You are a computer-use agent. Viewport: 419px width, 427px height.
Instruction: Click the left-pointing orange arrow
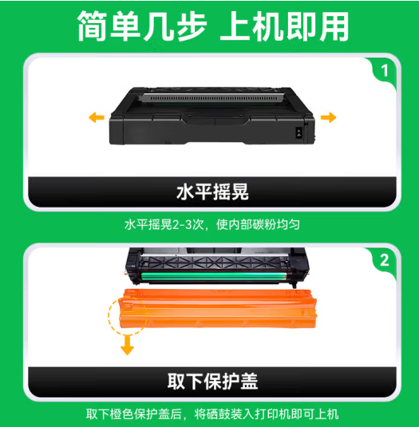point(97,117)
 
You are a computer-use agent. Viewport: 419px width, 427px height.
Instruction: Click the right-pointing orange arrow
point(328,117)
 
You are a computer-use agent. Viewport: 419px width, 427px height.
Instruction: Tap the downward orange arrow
point(127,345)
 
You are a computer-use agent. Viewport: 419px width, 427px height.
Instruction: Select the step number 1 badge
point(385,71)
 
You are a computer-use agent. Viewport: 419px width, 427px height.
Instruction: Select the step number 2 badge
point(385,260)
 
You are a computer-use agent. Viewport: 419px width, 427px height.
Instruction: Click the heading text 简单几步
point(142,26)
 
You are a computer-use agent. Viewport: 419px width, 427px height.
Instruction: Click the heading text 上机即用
point(284,26)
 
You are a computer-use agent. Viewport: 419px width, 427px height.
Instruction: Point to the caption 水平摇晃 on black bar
point(212,192)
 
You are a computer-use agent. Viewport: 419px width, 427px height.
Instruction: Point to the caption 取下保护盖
point(212,382)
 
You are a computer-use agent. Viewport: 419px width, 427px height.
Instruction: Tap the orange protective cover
point(218,308)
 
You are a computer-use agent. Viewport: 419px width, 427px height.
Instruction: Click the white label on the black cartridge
point(298,133)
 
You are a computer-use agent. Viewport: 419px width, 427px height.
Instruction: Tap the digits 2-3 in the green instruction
point(184,224)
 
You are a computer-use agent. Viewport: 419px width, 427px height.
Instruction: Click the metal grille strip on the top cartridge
point(212,98)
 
